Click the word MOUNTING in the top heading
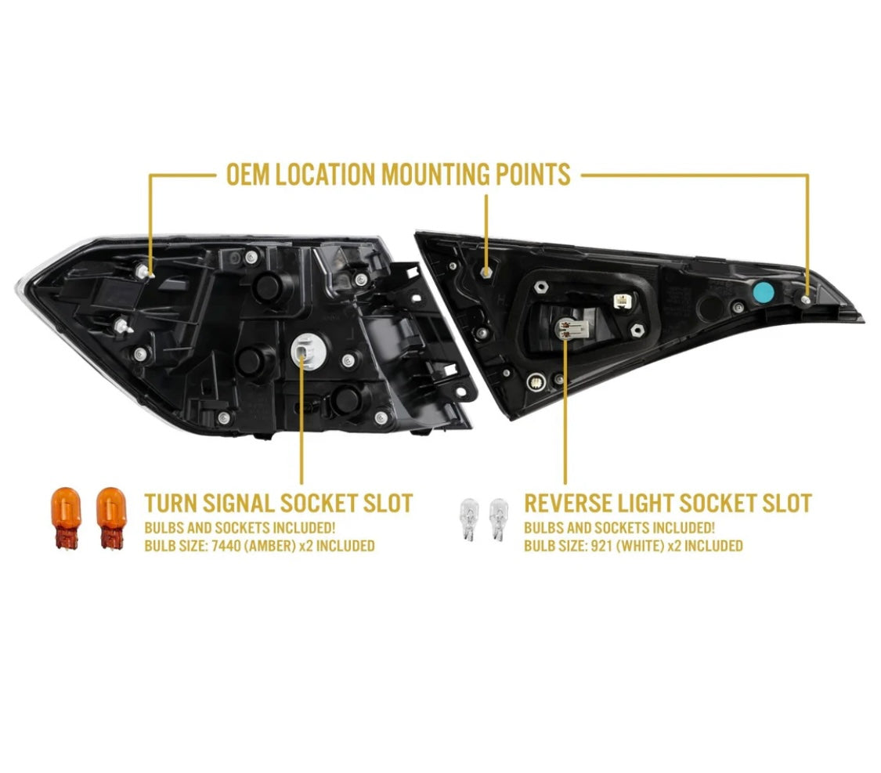pyautogui.click(x=435, y=174)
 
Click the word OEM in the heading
pyautogui.click(x=247, y=174)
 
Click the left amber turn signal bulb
pyautogui.click(x=67, y=518)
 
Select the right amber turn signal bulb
pyautogui.click(x=111, y=518)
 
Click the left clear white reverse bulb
pyautogui.click(x=469, y=518)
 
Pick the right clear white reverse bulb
pyautogui.click(x=498, y=518)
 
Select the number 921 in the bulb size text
pyautogui.click(x=601, y=545)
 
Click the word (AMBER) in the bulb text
pyautogui.click(x=272, y=545)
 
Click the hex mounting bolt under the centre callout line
pyautogui.click(x=486, y=273)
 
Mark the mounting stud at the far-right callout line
pyautogui.click(x=806, y=301)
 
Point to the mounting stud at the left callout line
pyautogui.click(x=144, y=272)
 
